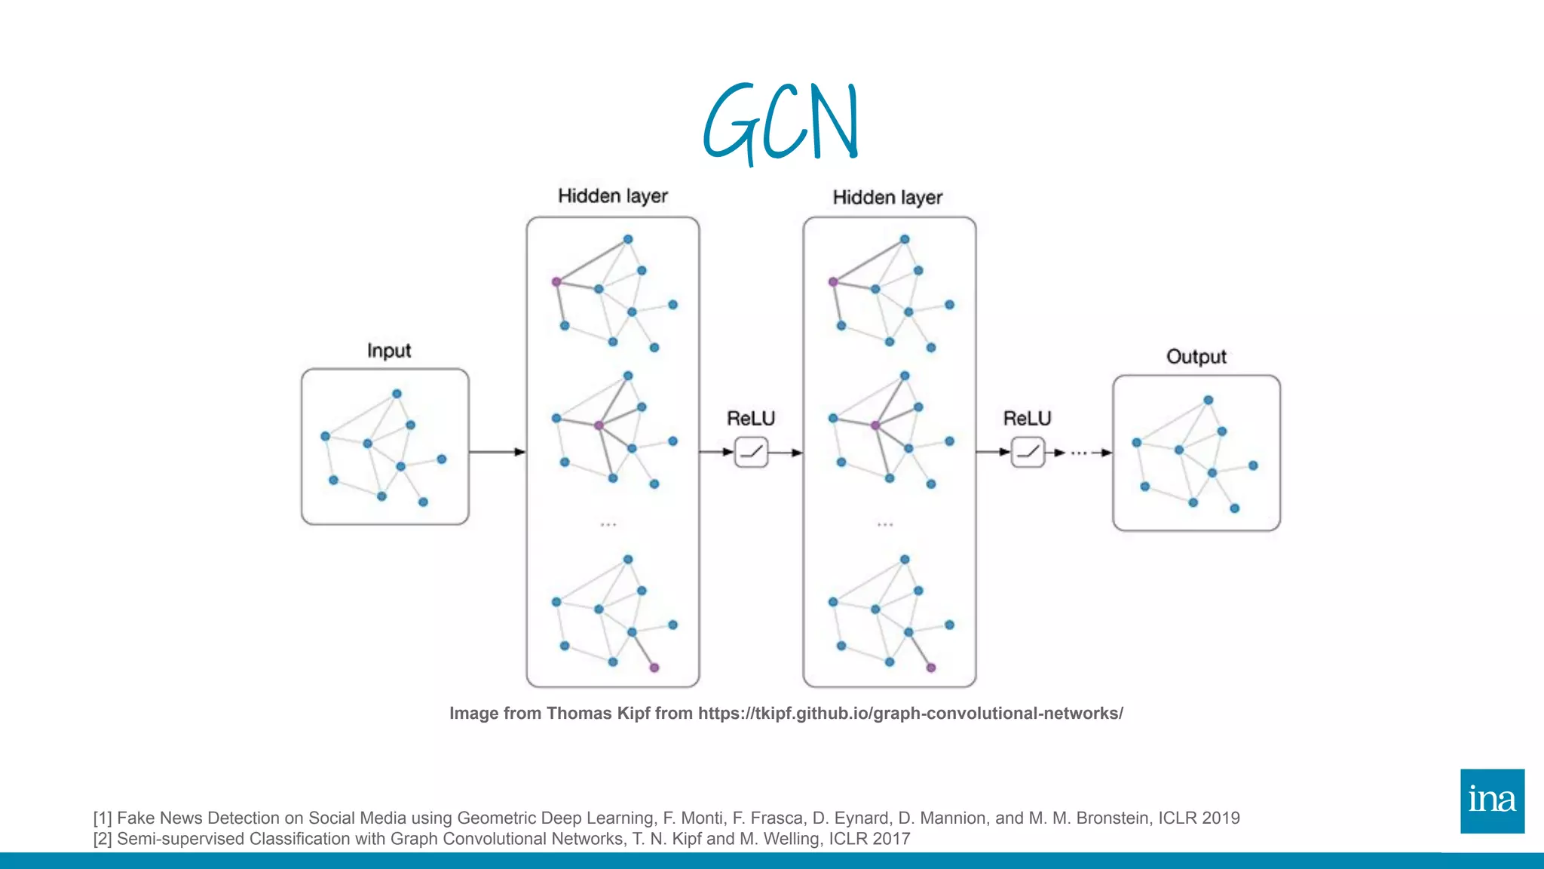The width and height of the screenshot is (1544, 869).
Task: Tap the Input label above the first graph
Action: pos(389,351)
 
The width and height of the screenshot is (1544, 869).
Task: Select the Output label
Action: pos(1196,357)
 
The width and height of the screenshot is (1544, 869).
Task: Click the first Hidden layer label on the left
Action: pos(612,196)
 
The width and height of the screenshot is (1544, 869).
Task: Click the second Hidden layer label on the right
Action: pos(887,198)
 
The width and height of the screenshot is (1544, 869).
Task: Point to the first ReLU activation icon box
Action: pos(752,453)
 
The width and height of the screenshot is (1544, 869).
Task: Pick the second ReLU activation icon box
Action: pos(1028,453)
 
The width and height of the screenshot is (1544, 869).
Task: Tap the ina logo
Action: pos(1492,801)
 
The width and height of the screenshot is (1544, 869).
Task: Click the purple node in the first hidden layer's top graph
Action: pos(556,282)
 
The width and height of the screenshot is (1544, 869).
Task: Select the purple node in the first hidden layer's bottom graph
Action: pos(654,668)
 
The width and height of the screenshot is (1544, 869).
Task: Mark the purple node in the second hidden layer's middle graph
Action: pos(875,425)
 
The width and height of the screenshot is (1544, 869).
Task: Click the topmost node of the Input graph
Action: pos(397,394)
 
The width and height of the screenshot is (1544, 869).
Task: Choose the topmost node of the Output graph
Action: pos(1208,401)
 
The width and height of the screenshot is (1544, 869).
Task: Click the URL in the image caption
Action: pos(910,714)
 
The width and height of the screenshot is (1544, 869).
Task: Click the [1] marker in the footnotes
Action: pos(103,818)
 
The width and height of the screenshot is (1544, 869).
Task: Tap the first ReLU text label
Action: pos(751,419)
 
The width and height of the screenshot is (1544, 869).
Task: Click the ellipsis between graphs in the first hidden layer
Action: pos(608,524)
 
